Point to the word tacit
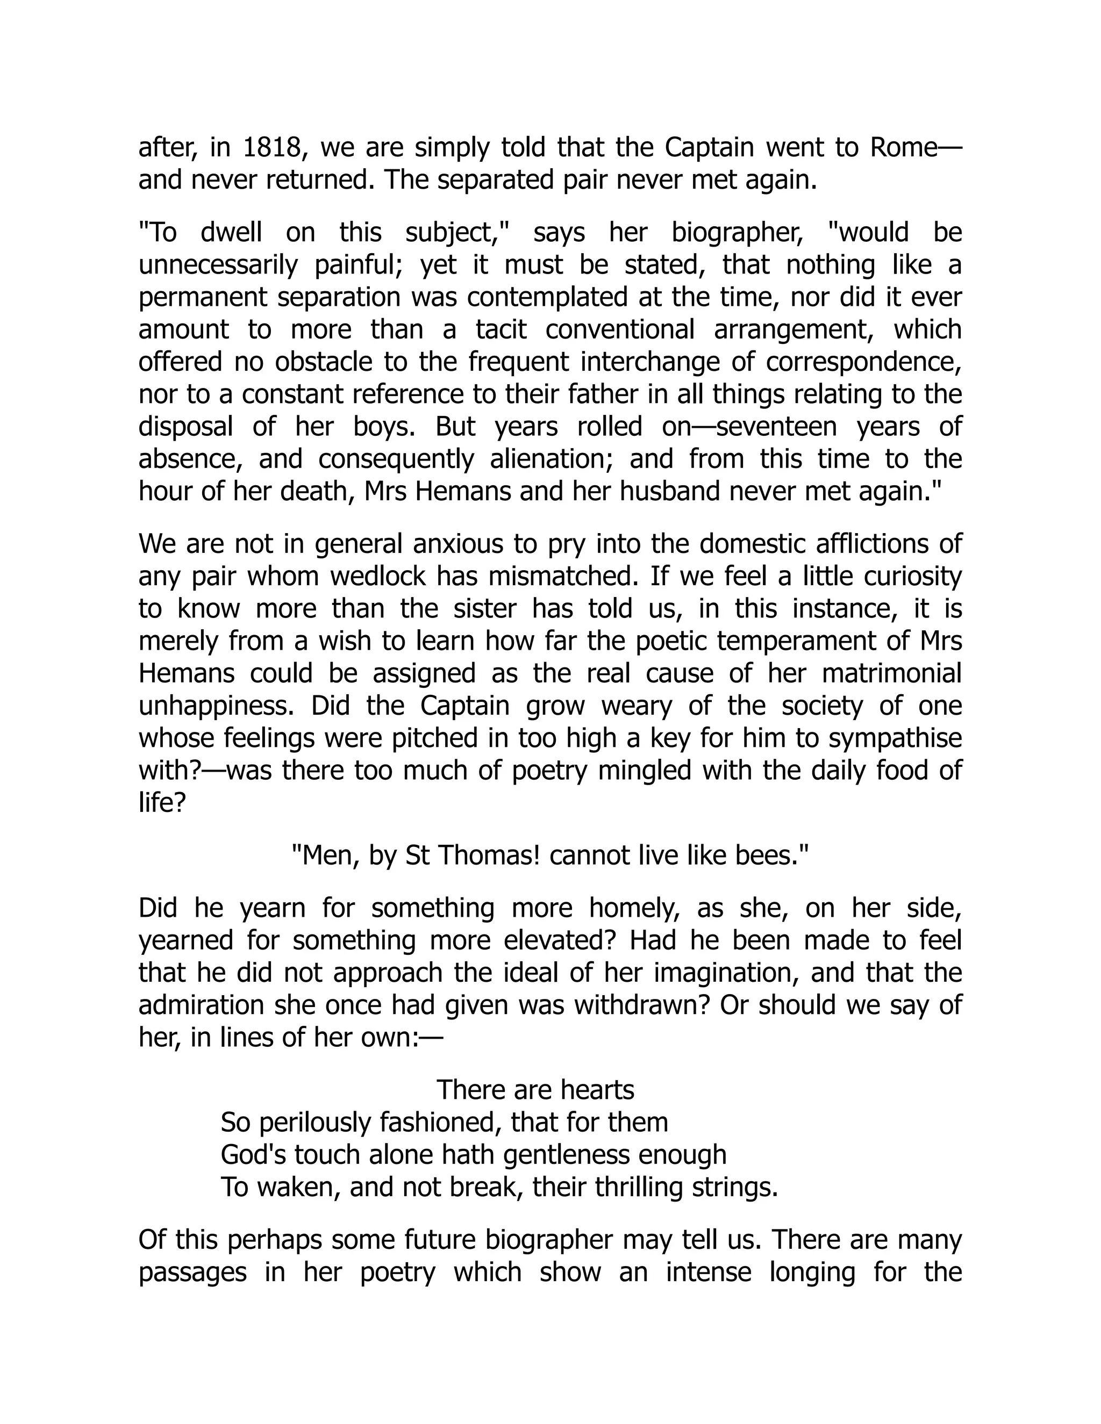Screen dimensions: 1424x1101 (501, 329)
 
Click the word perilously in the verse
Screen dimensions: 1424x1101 (315, 1123)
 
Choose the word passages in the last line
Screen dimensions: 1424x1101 (192, 1272)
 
